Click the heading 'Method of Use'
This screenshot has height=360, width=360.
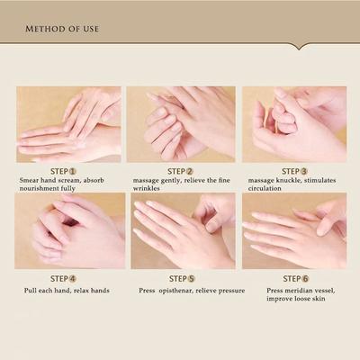(x=63, y=29)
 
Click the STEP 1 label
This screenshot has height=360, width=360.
(x=63, y=170)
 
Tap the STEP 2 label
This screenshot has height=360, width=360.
(x=180, y=170)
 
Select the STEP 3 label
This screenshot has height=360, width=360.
(x=294, y=170)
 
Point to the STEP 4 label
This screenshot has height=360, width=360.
(x=63, y=278)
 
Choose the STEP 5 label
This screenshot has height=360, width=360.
(x=180, y=278)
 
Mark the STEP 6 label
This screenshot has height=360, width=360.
(x=294, y=278)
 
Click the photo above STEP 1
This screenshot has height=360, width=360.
(x=67, y=124)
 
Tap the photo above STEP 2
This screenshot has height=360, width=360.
(x=181, y=124)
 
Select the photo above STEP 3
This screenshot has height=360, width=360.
(x=294, y=124)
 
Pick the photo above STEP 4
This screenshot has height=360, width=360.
(x=67, y=230)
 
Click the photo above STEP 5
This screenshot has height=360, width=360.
(x=181, y=230)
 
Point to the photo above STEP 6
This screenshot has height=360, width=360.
(x=294, y=230)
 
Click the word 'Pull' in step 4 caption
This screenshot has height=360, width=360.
(x=31, y=292)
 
